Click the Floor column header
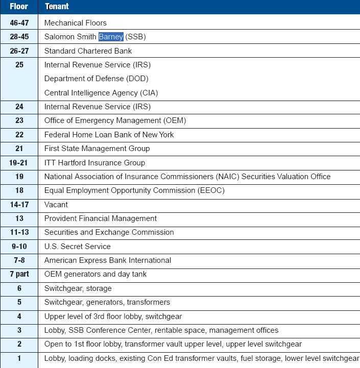[x=19, y=7]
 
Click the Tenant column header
[x=57, y=7]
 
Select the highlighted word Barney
[x=111, y=37]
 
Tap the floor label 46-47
[x=19, y=23]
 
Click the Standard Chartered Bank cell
[x=88, y=51]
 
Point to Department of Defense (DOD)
[x=96, y=79]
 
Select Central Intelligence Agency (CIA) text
[x=101, y=93]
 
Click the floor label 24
[x=19, y=107]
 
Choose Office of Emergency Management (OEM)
[x=115, y=120]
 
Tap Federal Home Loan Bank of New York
[x=109, y=135]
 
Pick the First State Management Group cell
[x=97, y=149]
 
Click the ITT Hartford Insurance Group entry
[x=94, y=163]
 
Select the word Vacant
[x=56, y=205]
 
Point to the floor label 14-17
[x=19, y=205]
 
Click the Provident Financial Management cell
[x=101, y=218]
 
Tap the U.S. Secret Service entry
[x=77, y=247]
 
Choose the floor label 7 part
[x=19, y=274]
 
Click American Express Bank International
[x=107, y=260]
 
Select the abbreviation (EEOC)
[x=211, y=190]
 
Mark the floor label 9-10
[x=19, y=247]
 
